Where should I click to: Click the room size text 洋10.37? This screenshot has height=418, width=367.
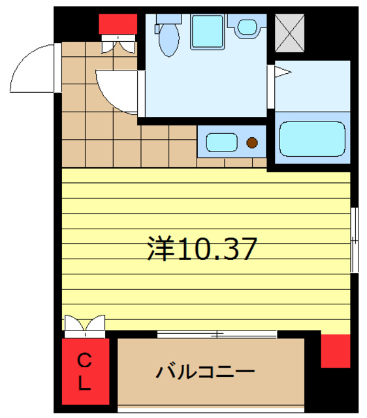pos(202,248)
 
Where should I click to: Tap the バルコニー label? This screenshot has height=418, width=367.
pos(205,372)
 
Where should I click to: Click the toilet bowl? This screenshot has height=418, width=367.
pos(169,40)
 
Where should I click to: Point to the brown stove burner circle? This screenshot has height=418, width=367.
pos(251,142)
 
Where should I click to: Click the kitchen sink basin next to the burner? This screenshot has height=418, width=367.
pos(222,141)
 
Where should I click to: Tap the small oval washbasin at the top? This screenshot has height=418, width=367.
pos(247,27)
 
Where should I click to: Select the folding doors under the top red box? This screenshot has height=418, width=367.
pos(117,44)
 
